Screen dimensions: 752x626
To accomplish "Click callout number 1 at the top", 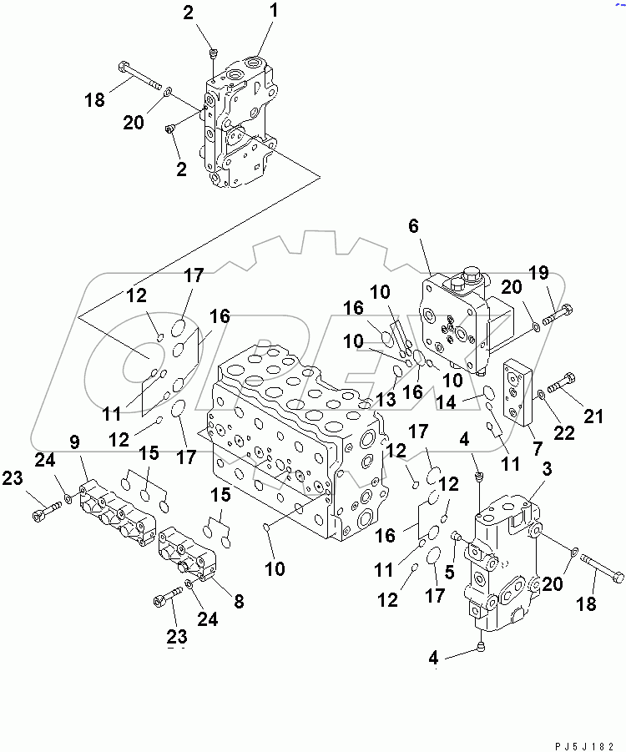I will (x=274, y=14).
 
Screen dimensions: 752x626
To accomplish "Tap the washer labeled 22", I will (x=542, y=393).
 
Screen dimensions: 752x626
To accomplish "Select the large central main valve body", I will (x=292, y=442).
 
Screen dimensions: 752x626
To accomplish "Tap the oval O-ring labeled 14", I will (x=489, y=393).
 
